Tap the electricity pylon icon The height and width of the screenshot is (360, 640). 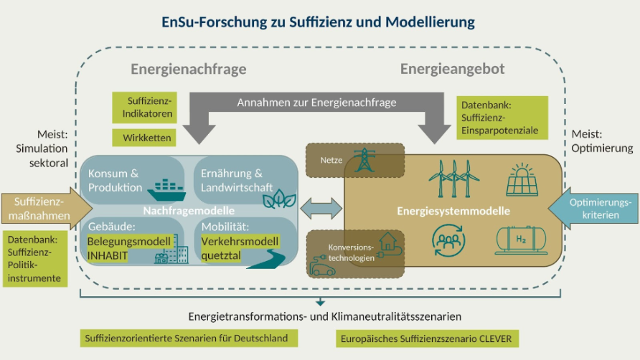coord(366,159)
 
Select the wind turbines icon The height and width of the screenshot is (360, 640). coord(450,178)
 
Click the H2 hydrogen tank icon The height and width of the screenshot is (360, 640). coord(524,240)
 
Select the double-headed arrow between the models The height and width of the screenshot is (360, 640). coord(321,209)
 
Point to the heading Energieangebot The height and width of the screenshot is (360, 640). coord(452,70)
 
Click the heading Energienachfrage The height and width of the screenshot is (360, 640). coord(188,70)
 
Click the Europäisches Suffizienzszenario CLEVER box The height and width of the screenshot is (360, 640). coord(427,338)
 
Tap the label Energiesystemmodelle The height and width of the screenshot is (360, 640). coord(453,211)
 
